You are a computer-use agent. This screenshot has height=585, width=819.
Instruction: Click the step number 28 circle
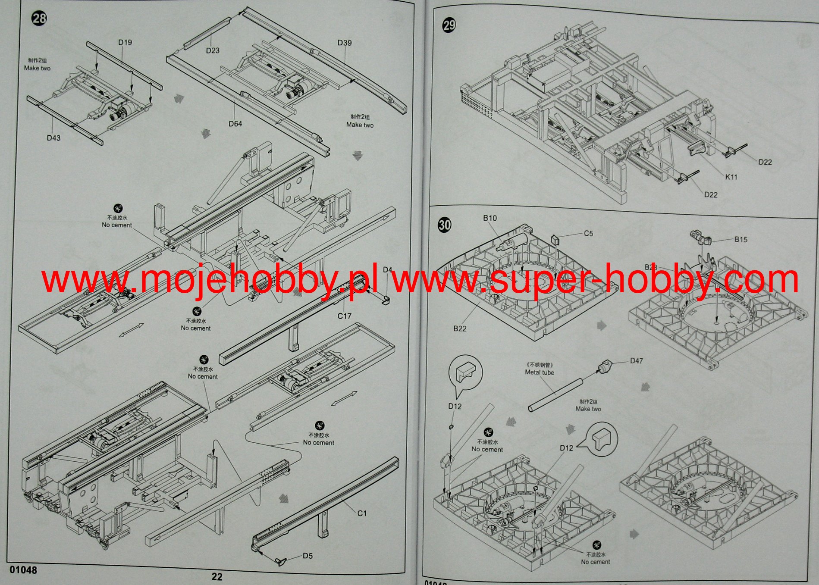tap(39, 19)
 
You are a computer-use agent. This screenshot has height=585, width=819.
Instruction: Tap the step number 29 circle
tap(449, 25)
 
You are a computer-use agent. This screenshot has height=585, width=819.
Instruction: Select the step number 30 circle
tap(445, 225)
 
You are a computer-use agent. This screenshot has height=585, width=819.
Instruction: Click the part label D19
tap(125, 42)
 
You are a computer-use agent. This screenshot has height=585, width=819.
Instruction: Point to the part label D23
tap(213, 50)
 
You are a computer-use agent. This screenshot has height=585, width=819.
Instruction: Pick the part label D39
tap(345, 43)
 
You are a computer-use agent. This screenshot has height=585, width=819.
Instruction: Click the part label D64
tap(235, 124)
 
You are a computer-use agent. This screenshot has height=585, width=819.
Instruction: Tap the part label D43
tap(53, 138)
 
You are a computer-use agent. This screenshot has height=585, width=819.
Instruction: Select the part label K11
tap(731, 177)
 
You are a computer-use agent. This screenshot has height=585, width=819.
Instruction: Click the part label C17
tap(344, 316)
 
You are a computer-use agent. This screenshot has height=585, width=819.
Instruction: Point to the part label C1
tap(362, 513)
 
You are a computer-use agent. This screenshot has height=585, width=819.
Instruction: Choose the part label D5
tap(308, 556)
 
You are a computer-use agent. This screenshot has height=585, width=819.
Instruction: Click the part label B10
tap(490, 218)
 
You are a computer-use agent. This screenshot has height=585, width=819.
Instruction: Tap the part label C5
tap(588, 233)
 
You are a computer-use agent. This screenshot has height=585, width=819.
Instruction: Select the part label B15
tap(741, 239)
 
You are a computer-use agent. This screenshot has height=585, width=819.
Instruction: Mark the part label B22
tap(460, 328)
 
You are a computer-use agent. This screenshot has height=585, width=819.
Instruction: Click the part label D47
tap(637, 360)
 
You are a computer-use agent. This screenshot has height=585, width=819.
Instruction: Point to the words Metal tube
tap(540, 372)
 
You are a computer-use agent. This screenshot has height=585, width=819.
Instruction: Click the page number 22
tap(217, 577)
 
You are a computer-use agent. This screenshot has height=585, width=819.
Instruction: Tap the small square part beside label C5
tap(555, 239)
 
